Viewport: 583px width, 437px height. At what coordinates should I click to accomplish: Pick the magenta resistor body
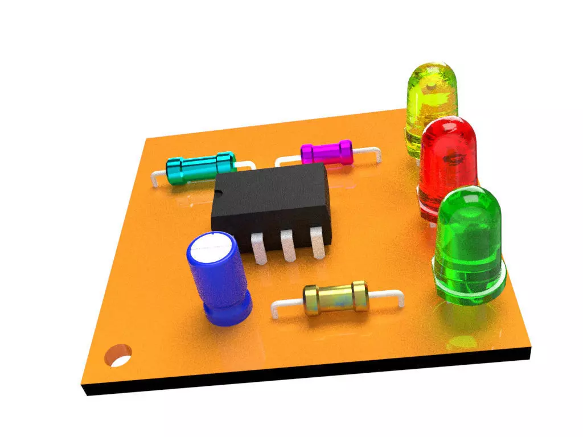pos(326,153)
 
